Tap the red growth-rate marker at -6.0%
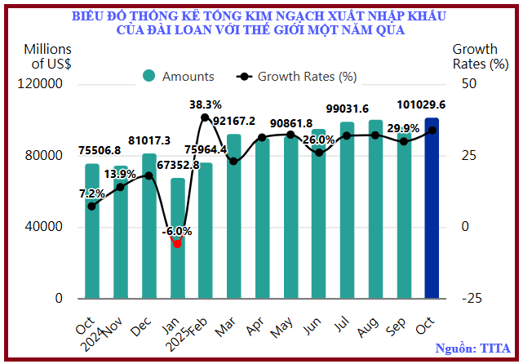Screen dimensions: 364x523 pos(177,243)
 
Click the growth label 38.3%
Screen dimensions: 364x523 pos(206,104)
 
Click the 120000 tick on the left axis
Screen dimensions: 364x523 pos(42,84)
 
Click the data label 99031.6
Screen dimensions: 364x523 pos(347,109)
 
